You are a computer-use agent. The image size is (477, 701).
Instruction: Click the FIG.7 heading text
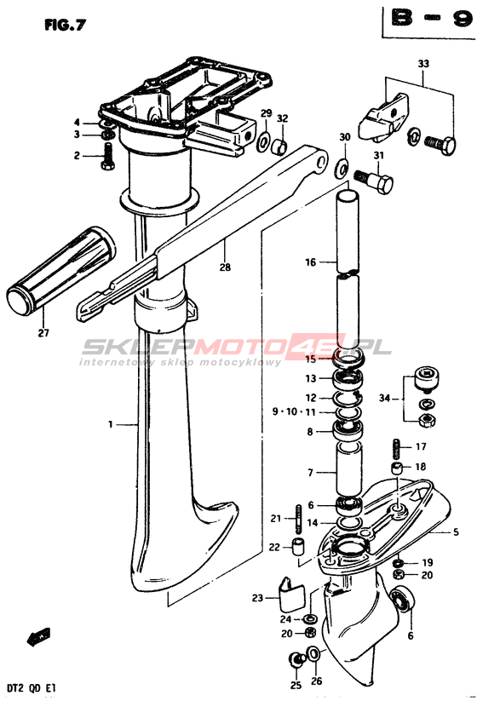[65, 26]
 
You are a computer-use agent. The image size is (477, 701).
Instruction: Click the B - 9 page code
[430, 19]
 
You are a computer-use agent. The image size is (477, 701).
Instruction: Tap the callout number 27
[43, 333]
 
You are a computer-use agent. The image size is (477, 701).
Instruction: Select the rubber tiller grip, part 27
[60, 272]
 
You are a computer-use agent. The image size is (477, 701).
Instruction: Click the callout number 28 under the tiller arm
[225, 267]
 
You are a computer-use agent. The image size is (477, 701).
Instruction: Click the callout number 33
[423, 64]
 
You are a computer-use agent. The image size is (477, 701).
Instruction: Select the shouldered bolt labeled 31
[374, 181]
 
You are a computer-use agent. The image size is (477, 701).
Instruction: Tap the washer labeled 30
[342, 168]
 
